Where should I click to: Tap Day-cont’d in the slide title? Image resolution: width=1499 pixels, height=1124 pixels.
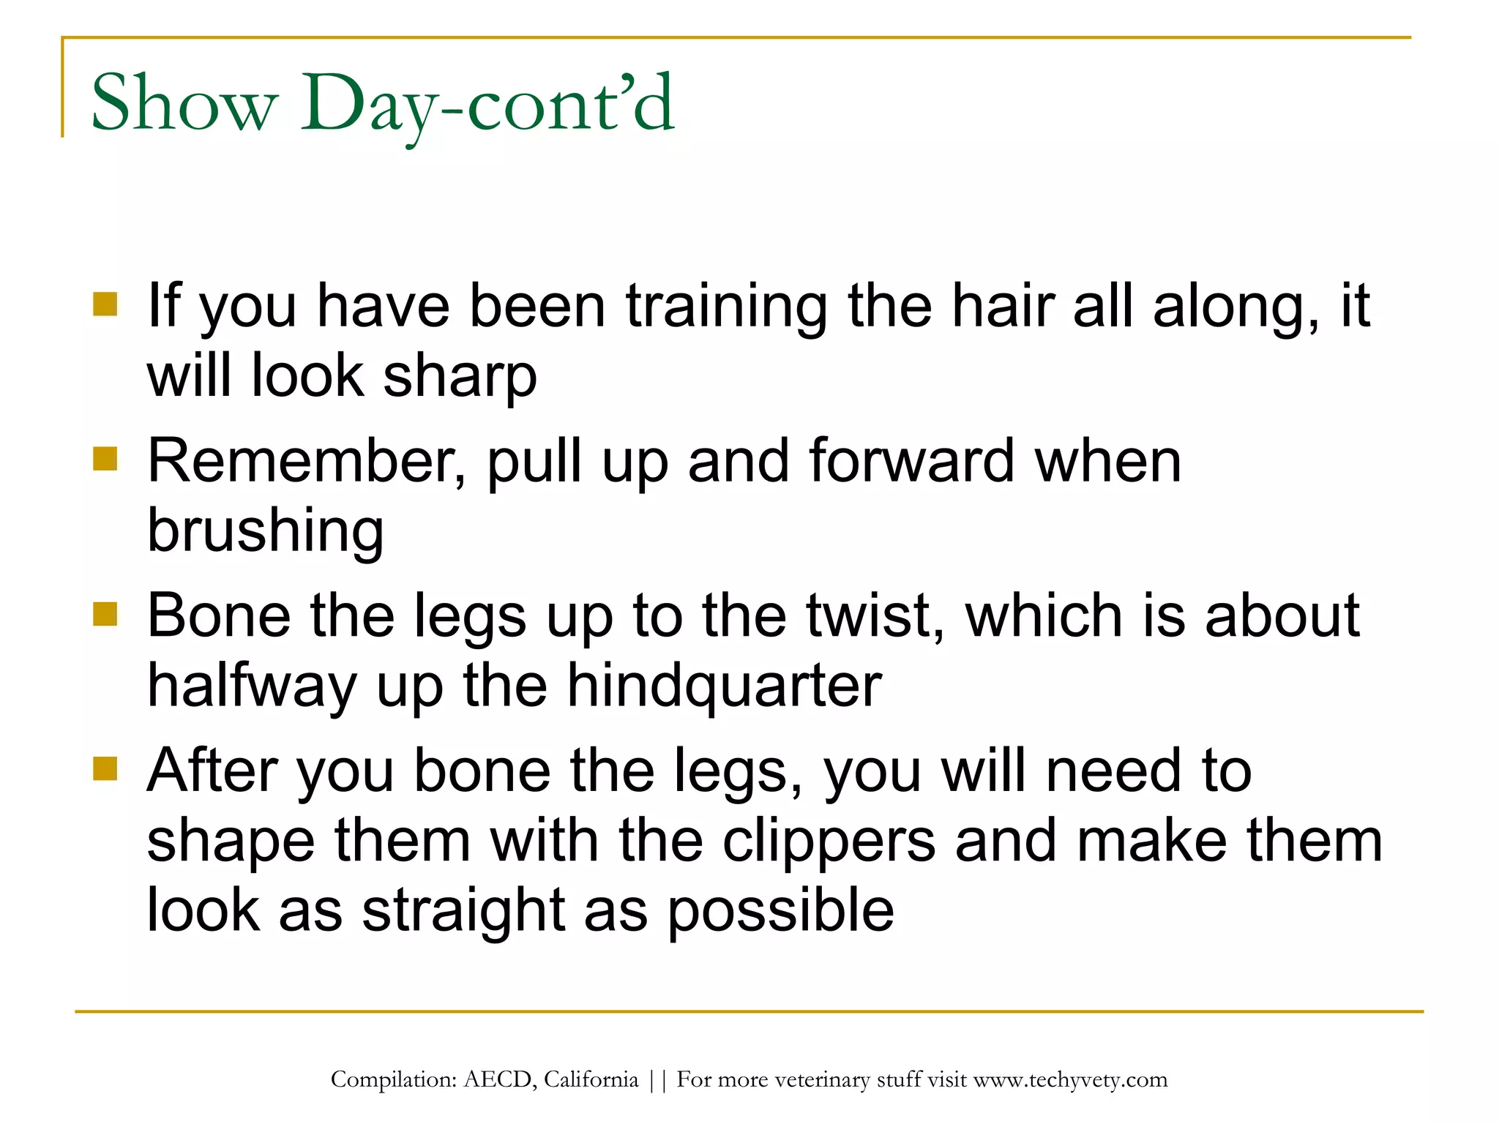point(487,104)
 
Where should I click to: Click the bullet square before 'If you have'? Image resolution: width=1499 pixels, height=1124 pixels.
point(105,304)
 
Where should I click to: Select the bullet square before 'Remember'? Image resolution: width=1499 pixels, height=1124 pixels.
point(105,459)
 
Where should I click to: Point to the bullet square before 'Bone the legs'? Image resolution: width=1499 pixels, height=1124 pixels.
point(105,614)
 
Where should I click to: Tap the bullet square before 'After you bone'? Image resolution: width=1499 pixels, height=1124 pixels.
point(105,769)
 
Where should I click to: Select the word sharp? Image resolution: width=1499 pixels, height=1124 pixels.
point(460,378)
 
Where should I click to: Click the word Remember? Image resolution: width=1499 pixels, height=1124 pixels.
point(306,461)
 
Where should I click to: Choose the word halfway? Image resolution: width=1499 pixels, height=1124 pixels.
point(252,687)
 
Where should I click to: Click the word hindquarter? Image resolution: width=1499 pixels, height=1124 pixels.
point(724,687)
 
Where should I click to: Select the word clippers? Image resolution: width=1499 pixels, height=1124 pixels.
point(829,842)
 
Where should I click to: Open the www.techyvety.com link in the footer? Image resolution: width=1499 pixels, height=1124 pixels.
point(1070,1080)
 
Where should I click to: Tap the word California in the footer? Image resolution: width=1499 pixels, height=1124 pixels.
point(591,1080)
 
